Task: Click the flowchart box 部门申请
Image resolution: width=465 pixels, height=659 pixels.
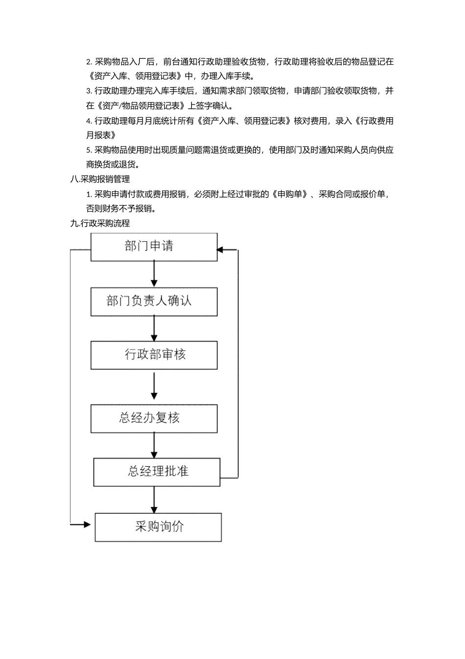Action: pos(154,247)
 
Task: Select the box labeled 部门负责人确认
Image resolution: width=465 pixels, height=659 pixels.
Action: pos(154,302)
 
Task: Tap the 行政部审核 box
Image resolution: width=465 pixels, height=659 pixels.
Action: pos(154,355)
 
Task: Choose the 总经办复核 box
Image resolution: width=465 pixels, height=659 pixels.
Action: pos(154,418)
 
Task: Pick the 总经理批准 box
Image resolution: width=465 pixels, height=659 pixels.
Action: pos(157,472)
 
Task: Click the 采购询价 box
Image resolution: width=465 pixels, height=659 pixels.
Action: pos(158,527)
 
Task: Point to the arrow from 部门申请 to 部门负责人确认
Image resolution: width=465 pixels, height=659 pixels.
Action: pos(154,274)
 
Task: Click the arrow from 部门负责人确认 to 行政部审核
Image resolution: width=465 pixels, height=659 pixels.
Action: pos(154,328)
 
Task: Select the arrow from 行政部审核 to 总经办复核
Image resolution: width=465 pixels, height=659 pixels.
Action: pos(154,386)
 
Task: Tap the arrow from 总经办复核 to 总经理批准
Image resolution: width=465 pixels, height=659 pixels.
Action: pos(154,445)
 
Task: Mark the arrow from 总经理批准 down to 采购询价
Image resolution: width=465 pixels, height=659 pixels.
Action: pos(154,500)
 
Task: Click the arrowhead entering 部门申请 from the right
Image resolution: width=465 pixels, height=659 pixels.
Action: pos(220,250)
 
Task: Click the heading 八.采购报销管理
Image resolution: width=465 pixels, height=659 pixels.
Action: pos(100,179)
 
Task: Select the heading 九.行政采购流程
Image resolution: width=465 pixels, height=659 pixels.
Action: pos(100,224)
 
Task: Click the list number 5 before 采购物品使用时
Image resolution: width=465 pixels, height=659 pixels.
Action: pos(89,150)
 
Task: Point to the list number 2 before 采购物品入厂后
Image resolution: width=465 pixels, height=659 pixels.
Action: pos(89,62)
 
